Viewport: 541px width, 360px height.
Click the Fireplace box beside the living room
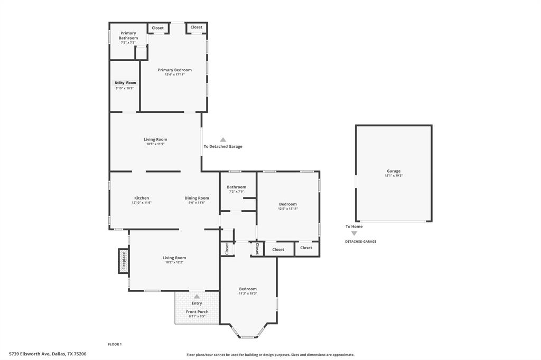tap(124, 261)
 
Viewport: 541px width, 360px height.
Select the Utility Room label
tap(125, 83)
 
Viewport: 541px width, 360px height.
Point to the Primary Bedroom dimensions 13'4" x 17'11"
tap(174, 75)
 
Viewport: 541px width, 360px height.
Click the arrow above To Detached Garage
tap(223, 140)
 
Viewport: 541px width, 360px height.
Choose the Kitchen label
tap(142, 198)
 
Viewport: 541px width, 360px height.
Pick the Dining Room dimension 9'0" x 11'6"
tap(197, 203)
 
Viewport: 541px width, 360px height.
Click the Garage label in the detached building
tap(394, 171)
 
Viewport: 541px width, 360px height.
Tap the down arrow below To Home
tap(354, 233)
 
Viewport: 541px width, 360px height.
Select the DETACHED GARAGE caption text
tap(361, 241)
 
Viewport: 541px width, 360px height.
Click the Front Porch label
tap(197, 311)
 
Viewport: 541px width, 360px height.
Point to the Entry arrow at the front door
tap(197, 297)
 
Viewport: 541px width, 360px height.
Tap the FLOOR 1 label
tap(115, 344)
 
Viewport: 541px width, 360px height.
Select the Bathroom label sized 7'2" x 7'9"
tap(236, 187)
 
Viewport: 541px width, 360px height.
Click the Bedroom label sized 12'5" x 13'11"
tap(288, 204)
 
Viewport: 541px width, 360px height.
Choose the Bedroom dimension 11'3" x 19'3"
tap(248, 293)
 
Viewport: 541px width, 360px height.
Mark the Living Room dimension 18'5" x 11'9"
tap(155, 144)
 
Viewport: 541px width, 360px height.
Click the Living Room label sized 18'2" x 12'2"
tap(174, 258)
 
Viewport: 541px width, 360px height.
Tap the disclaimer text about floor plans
tap(270, 355)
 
